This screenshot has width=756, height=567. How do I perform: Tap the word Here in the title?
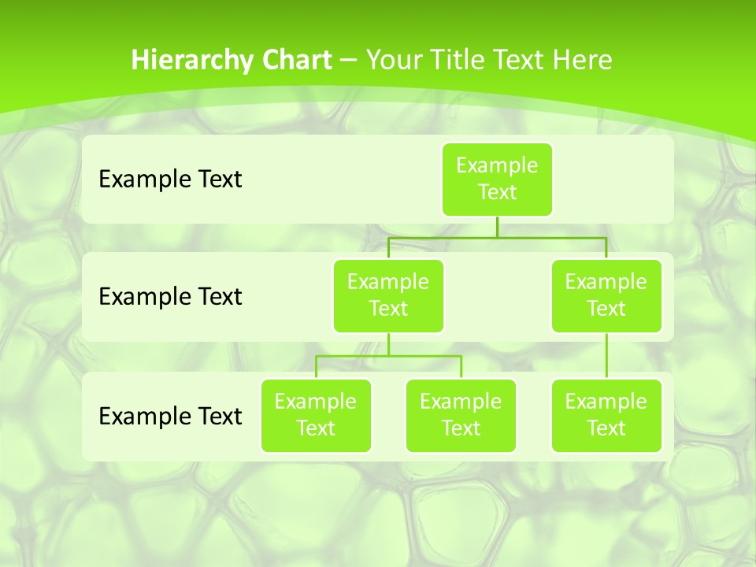pyautogui.click(x=583, y=60)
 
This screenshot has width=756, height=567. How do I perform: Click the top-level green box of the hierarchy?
pyautogui.click(x=497, y=179)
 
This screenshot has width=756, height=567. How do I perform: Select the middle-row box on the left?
pyautogui.click(x=388, y=295)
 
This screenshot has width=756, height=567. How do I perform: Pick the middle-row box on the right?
pyautogui.click(x=606, y=295)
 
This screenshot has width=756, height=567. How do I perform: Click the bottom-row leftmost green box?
pyautogui.click(x=316, y=415)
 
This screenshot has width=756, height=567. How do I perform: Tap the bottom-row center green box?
pyautogui.click(x=461, y=415)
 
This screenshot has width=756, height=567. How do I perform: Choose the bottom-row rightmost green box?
pyautogui.click(x=606, y=415)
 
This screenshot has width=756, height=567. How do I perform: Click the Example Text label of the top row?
pyautogui.click(x=170, y=180)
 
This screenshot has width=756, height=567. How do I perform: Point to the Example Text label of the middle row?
pyautogui.click(x=170, y=297)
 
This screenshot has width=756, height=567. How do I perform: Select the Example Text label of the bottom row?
pyautogui.click(x=170, y=416)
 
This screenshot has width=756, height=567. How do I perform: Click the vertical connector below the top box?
pyautogui.click(x=497, y=227)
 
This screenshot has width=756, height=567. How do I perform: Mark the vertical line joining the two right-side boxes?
pyautogui.click(x=606, y=356)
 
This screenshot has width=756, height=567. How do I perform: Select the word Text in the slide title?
pyautogui.click(x=520, y=60)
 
